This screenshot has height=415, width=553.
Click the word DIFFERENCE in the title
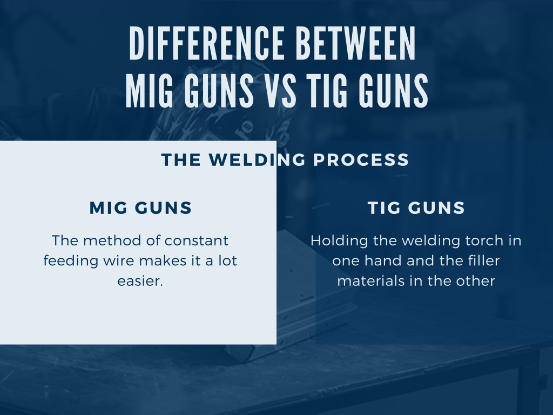coord(207,43)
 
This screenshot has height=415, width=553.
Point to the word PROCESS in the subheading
coord(361,159)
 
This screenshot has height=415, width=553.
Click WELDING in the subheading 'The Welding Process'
coord(257,159)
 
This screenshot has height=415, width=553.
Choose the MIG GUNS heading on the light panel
coord(140,207)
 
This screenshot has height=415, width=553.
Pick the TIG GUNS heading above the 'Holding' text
coord(416,207)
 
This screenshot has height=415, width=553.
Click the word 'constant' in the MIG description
coord(197,240)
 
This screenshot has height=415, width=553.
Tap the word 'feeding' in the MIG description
coord(71,262)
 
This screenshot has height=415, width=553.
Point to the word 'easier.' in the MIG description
coord(140,281)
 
